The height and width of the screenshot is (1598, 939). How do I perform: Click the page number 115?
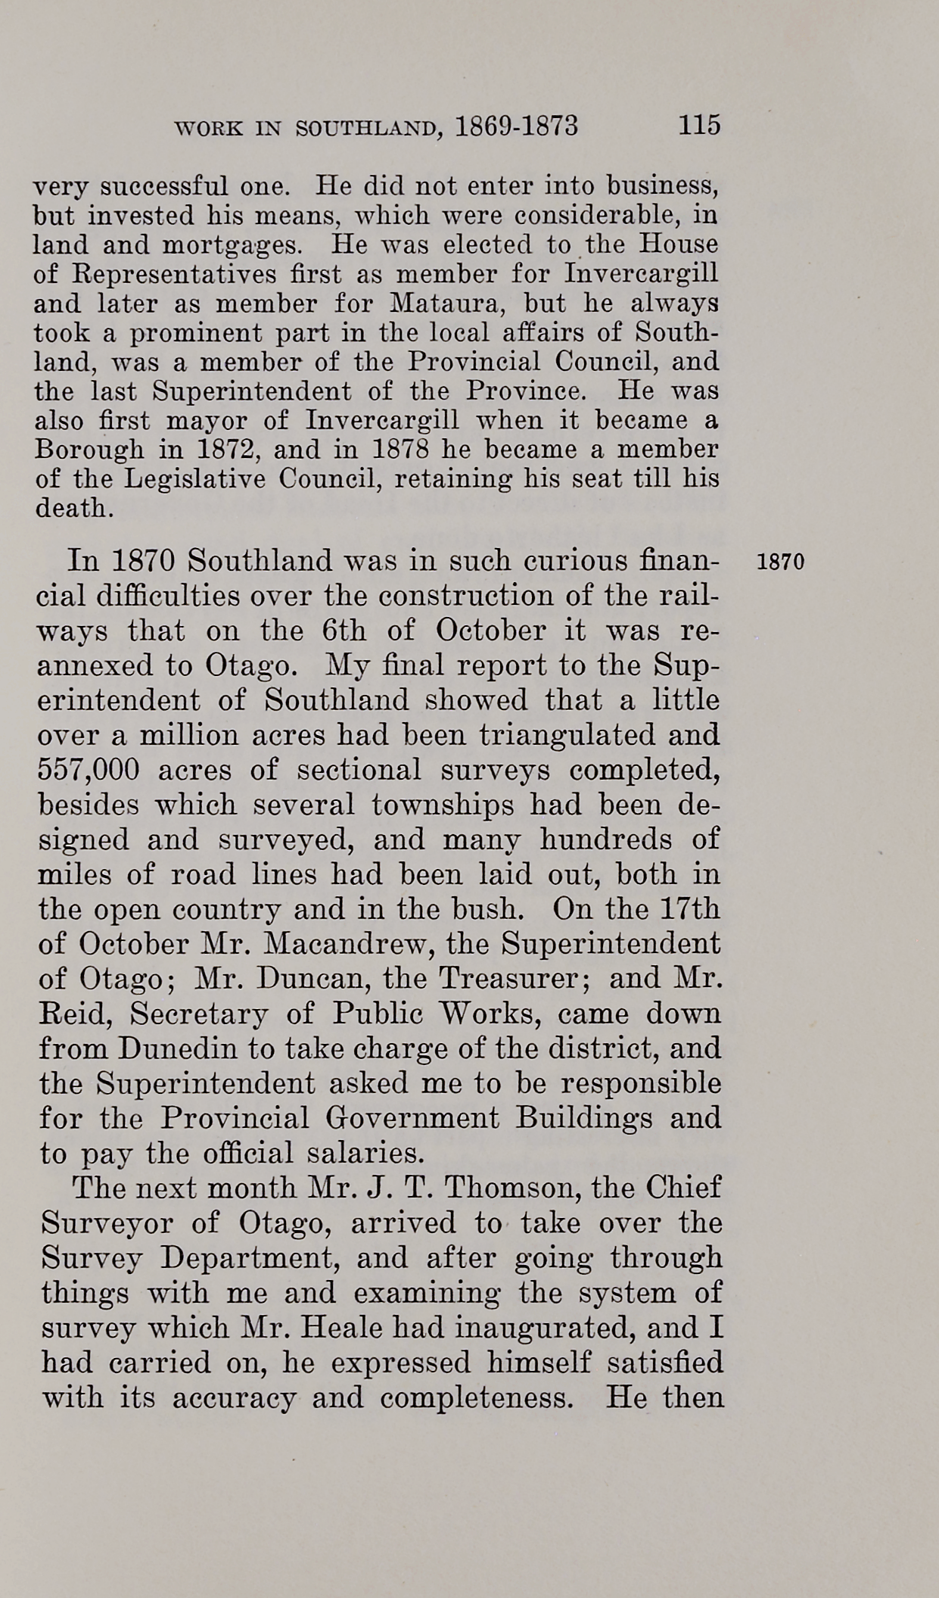pyautogui.click(x=699, y=124)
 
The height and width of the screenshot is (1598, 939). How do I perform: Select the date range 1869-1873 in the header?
pyautogui.click(x=518, y=126)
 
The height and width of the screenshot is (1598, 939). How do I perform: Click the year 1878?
pyautogui.click(x=402, y=450)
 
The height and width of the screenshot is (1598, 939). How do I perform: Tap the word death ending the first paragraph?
pyautogui.click(x=74, y=508)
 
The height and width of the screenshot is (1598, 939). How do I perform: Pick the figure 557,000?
pyautogui.click(x=89, y=770)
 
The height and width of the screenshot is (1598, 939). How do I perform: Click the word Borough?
pyautogui.click(x=89, y=450)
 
